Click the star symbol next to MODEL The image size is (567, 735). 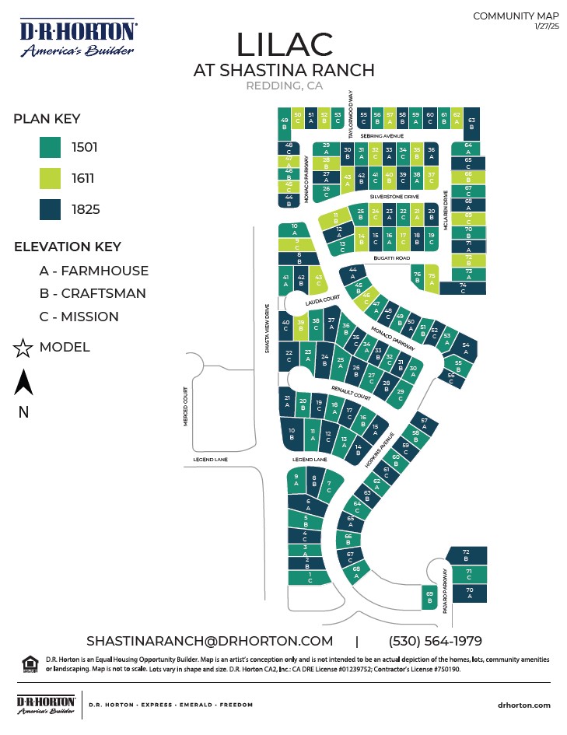23,348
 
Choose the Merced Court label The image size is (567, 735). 187,406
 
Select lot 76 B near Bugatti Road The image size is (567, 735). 417,276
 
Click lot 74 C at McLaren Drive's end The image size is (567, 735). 464,288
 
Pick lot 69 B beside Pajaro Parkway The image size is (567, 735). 429,597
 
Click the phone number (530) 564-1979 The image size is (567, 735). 435,641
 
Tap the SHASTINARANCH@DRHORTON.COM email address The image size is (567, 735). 209,641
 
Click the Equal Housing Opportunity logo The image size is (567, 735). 30,663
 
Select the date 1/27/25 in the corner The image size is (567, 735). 547,27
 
